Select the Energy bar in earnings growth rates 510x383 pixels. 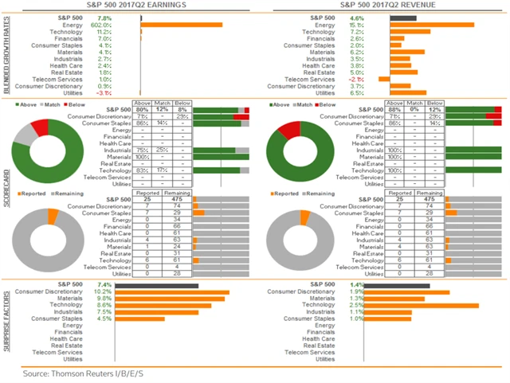point(182,24)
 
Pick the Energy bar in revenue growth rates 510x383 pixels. point(432,24)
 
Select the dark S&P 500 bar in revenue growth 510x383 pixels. point(403,17)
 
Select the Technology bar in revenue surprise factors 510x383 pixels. point(434,305)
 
